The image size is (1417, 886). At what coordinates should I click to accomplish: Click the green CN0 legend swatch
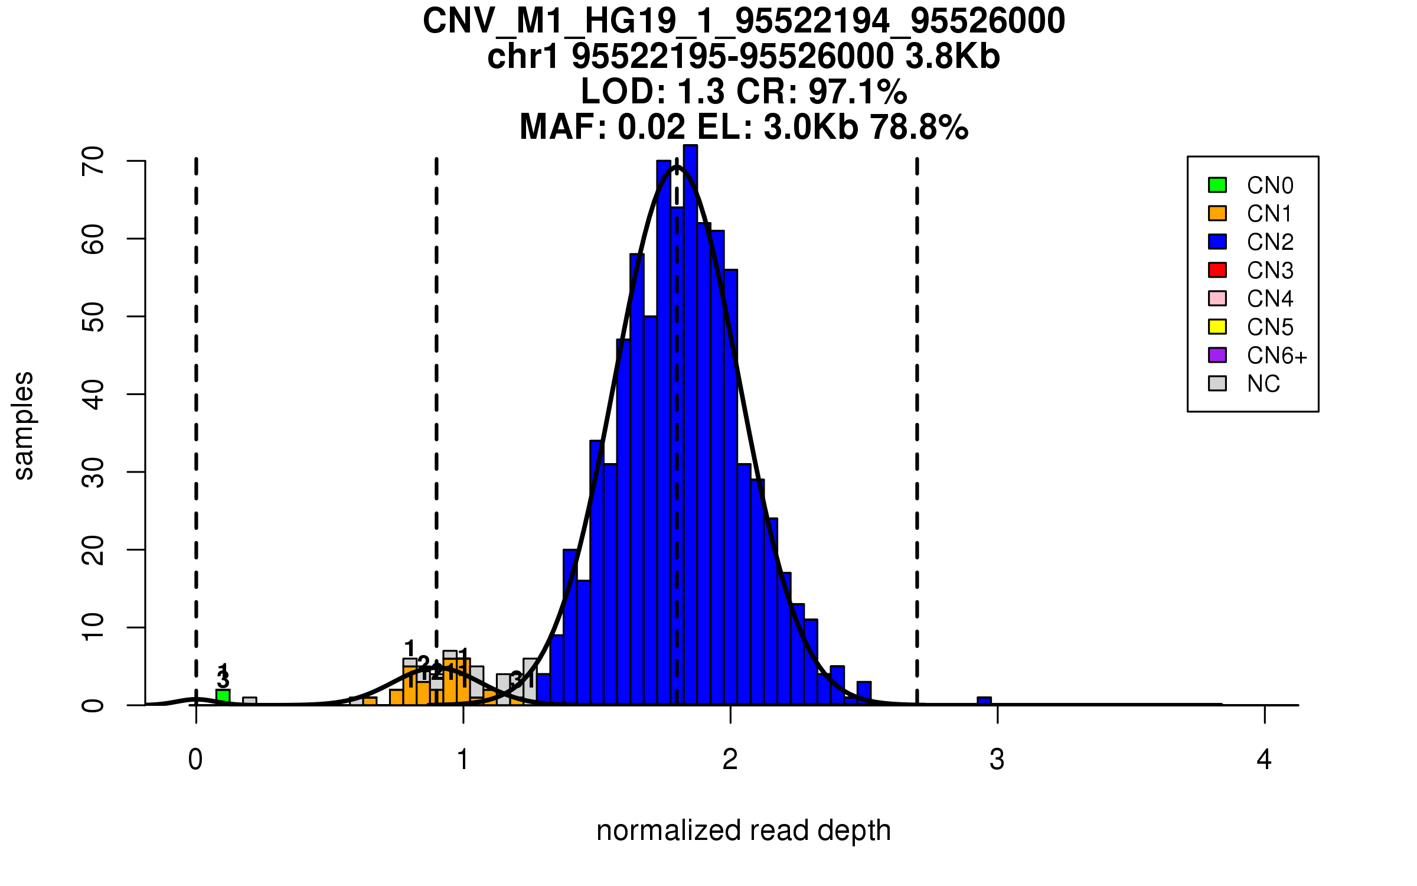click(x=1217, y=185)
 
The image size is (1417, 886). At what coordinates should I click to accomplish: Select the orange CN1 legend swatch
click(x=1217, y=213)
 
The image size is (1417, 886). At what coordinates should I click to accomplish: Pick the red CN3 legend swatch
click(x=1217, y=270)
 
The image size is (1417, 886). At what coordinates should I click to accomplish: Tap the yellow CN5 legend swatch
click(x=1217, y=327)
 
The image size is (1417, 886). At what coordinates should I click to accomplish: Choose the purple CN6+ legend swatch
click(x=1217, y=355)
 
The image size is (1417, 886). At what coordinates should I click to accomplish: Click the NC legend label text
click(x=1263, y=384)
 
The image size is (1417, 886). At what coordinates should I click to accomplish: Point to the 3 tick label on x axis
click(x=997, y=760)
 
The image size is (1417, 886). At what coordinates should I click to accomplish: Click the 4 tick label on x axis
click(x=1263, y=760)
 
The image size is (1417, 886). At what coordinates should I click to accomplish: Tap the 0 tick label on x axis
click(x=195, y=760)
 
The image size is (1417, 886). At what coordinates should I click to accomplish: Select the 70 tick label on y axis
click(x=93, y=161)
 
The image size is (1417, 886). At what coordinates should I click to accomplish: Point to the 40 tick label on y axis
click(x=93, y=394)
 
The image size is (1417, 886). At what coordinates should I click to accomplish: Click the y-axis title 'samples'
click(x=24, y=426)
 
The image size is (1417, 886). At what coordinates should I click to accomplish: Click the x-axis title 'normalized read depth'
click(x=743, y=830)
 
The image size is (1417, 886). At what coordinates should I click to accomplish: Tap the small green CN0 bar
click(x=223, y=697)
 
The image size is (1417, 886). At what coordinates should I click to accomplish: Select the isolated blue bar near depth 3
click(x=984, y=701)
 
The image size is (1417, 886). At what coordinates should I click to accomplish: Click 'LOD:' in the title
click(x=623, y=92)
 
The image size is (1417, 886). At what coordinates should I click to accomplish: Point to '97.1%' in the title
click(x=857, y=92)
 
